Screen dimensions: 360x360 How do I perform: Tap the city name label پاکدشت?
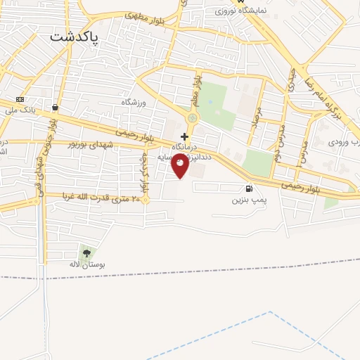coord(75,36)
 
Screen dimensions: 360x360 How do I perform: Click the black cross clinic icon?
coord(184,136)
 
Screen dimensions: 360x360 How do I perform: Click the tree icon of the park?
coord(86,252)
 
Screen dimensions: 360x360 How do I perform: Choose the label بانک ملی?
coord(20,110)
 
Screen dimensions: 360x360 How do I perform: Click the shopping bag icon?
coord(55,108)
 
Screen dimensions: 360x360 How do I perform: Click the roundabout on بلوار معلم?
coord(193,118)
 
